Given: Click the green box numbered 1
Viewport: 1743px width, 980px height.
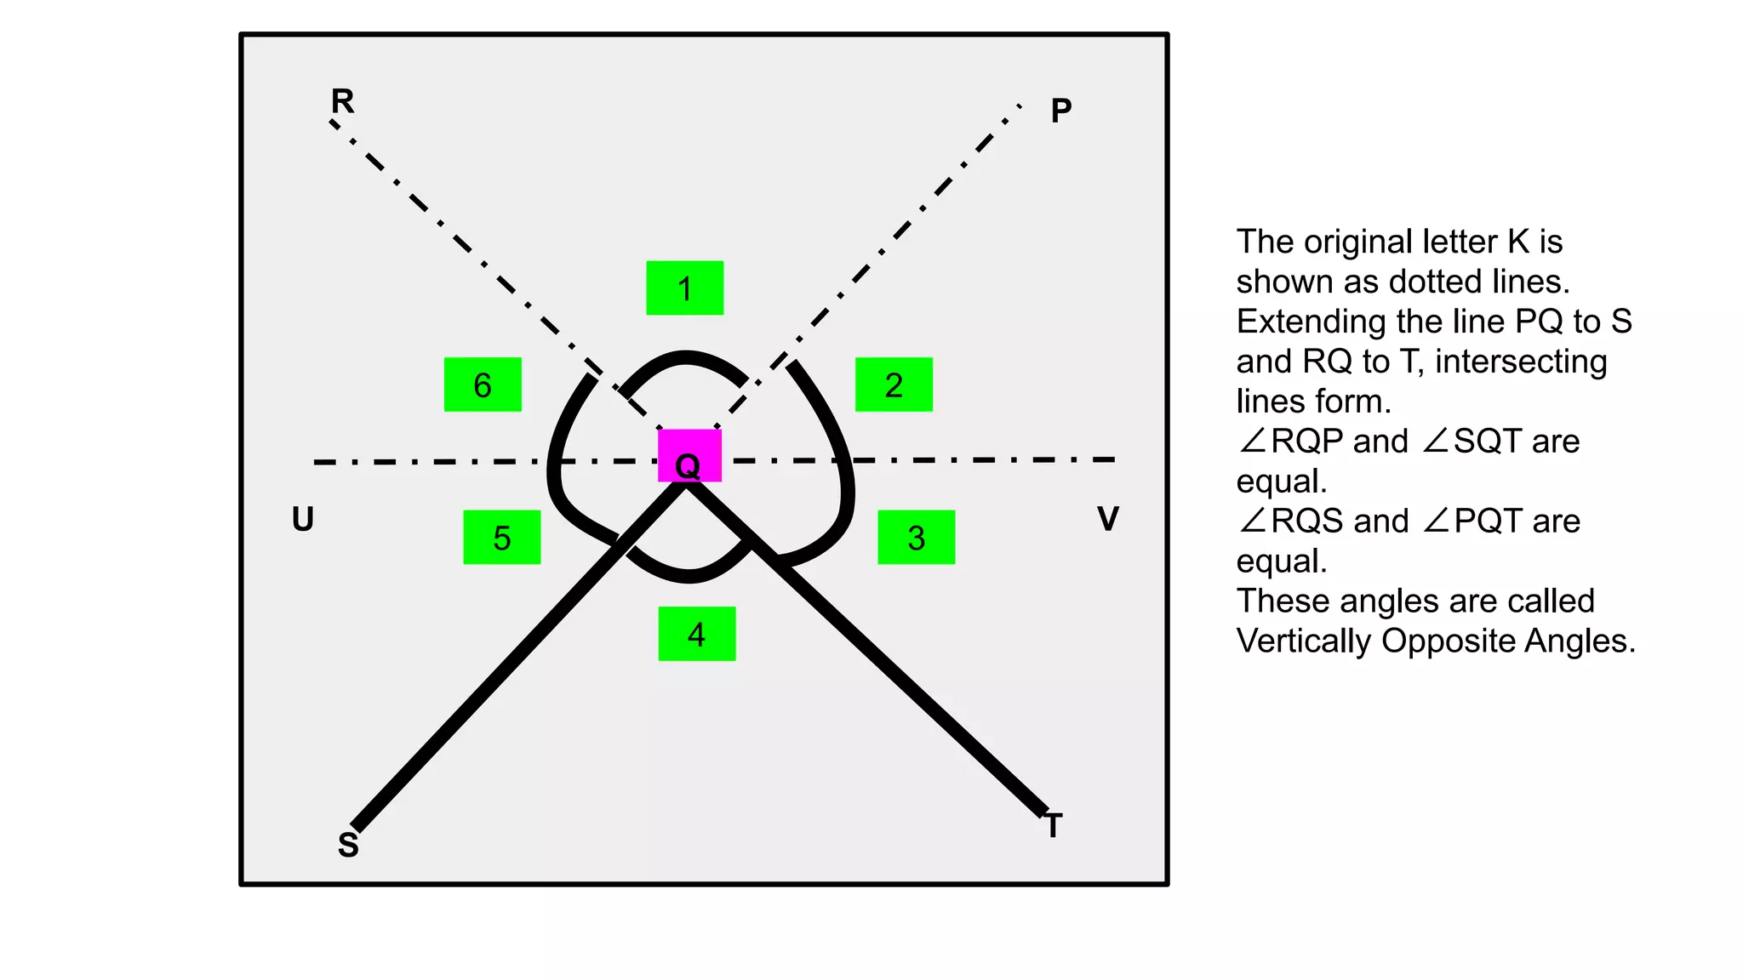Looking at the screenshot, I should coord(684,288).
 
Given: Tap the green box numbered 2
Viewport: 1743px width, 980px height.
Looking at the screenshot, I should coord(894,385).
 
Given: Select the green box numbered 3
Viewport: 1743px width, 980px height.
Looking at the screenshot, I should coord(916,537).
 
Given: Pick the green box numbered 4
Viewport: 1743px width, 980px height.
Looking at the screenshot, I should coord(696,634).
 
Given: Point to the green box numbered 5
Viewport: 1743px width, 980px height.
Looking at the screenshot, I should coord(501,537).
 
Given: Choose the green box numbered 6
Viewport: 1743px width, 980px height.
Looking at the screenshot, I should coord(483,385).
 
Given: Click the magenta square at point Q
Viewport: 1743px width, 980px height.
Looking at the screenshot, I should coord(689,455).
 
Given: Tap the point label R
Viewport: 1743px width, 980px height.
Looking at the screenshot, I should coord(342,101).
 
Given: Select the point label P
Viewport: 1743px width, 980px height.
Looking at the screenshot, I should coord(1060,111).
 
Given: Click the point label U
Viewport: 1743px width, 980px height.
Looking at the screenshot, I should coord(303,519).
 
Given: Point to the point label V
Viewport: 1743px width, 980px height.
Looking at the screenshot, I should coord(1107,519).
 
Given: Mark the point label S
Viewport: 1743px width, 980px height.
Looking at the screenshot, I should coord(348,845).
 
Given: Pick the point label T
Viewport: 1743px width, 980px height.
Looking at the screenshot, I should coord(1054,825).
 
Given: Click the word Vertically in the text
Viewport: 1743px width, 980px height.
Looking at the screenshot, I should coord(1304,641).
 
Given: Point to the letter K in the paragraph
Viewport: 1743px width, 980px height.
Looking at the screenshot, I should coord(1518,242).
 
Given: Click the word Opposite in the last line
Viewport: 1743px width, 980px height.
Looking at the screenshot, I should coord(1440,641).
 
